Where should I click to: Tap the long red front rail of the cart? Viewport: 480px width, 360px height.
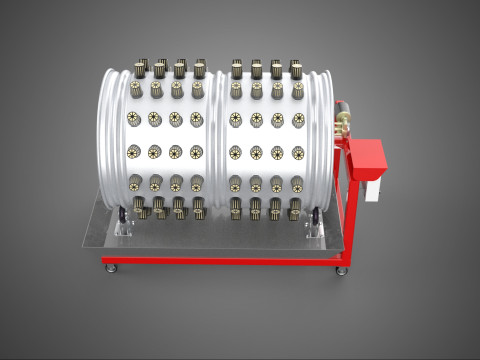pyautogui.click(x=220, y=260)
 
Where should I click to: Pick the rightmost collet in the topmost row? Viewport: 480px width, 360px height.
pyautogui.click(x=295, y=69)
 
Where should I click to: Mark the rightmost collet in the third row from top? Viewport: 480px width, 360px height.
pyautogui.click(x=298, y=120)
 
